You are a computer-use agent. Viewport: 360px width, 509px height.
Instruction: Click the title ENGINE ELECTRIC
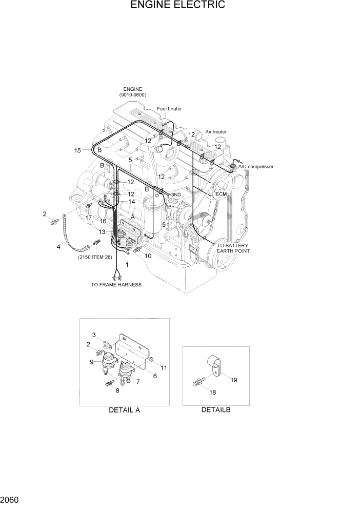178,6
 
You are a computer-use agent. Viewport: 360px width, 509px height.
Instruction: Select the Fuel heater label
169,109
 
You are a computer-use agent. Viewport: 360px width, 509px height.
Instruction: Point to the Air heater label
216,132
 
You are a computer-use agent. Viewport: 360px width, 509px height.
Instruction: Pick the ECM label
221,194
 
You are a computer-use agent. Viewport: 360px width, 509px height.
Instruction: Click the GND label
175,195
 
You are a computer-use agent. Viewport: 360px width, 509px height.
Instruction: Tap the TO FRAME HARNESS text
116,284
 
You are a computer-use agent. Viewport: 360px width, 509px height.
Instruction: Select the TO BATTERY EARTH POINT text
233,248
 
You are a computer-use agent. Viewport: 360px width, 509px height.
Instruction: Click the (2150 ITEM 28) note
95,257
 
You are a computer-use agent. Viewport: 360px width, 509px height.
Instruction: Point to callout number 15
77,150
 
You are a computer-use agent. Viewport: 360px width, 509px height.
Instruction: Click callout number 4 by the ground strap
58,247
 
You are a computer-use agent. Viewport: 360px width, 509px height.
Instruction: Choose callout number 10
148,256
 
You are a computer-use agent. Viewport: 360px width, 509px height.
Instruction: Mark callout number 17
89,218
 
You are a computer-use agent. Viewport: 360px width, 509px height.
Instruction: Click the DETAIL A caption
124,410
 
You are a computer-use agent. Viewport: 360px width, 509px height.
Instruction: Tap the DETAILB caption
216,410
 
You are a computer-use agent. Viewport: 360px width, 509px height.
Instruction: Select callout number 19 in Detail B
234,380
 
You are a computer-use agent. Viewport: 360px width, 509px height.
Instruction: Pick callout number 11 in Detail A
164,368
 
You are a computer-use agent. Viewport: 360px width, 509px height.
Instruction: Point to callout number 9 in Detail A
92,362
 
